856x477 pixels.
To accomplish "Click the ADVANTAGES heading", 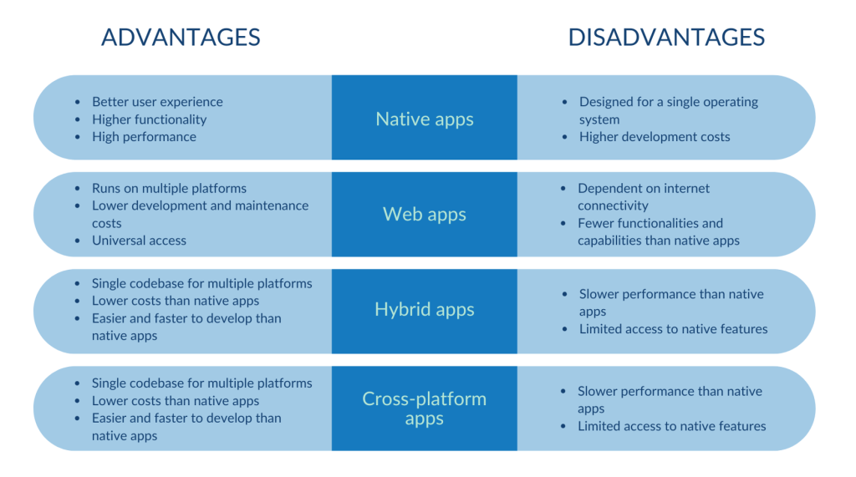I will point(181,38).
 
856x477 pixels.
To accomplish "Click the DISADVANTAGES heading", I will point(666,38).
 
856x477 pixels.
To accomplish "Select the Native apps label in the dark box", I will point(425,119).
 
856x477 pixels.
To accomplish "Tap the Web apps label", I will point(425,214).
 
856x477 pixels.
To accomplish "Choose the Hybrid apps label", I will point(425,309).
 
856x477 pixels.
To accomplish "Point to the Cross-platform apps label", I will point(425,408).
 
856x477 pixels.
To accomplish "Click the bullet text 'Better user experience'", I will point(157,102).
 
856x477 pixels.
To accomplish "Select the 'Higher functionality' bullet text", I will point(149,119).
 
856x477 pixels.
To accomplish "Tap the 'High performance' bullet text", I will point(144,137).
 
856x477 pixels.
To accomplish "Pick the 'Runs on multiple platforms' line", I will point(169,188).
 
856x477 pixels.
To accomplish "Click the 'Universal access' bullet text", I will point(139,241).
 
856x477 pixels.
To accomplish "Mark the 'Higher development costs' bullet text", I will point(655,137).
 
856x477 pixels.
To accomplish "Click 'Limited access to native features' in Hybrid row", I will point(673,329).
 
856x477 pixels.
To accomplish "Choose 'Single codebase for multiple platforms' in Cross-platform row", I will point(201,383).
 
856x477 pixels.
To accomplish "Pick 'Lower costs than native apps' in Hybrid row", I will point(176,301).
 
